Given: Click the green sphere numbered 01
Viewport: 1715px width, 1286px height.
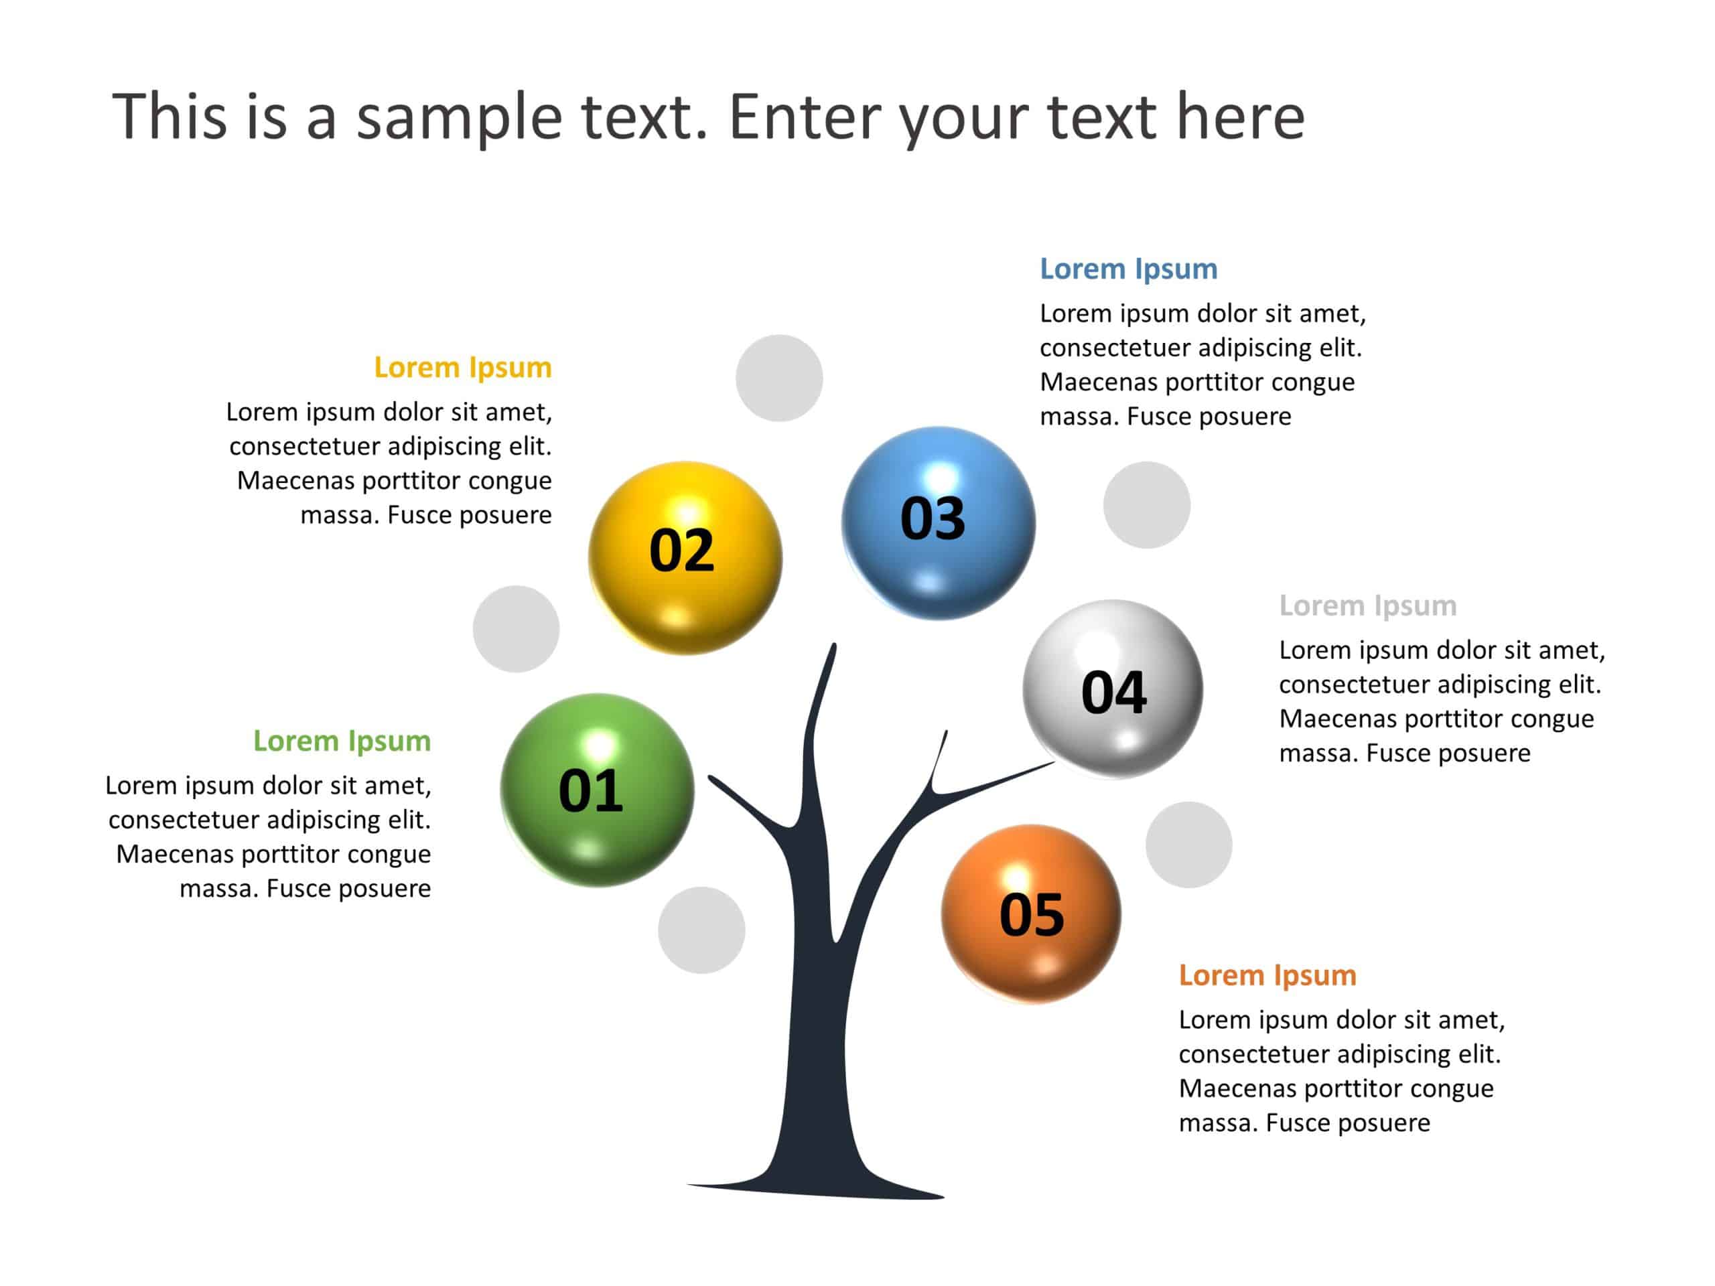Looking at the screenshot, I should [597, 790].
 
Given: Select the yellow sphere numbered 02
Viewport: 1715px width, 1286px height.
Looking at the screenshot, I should [685, 557].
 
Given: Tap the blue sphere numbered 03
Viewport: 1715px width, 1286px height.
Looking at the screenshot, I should [938, 522].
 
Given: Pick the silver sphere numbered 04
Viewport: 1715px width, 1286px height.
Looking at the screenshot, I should [1113, 689].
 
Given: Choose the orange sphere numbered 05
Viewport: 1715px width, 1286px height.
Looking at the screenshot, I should [1030, 912].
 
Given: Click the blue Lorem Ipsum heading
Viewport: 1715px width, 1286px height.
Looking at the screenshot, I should [1128, 269].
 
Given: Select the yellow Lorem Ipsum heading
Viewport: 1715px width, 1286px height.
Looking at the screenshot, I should [462, 368].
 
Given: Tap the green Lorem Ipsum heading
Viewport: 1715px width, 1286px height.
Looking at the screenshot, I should [341, 741].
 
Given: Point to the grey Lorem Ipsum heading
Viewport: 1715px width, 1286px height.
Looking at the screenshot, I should [1368, 605].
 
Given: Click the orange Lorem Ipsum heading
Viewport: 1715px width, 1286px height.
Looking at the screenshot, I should [1267, 975].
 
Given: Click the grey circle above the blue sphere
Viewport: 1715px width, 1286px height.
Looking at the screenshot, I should [778, 378].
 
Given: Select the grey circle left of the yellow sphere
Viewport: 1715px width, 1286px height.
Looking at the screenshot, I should [516, 629].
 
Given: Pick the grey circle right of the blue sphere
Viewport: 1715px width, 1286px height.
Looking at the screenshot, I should [1146, 504].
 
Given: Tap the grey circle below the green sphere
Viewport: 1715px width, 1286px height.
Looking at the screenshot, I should [701, 930].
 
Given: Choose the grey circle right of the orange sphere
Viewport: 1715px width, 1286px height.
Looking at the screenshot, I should [1188, 845].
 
